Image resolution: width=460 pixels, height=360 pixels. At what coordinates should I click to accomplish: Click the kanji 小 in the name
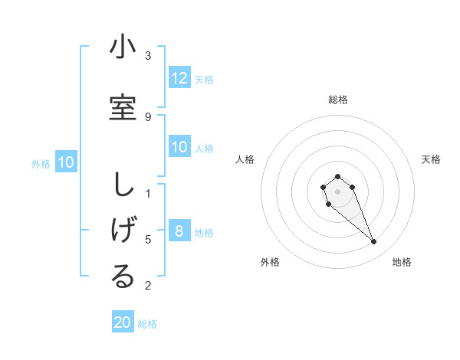[x=123, y=47]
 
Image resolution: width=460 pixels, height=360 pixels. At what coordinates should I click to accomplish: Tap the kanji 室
[x=123, y=106]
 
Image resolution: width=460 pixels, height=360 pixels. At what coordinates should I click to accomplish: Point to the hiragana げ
[x=123, y=231]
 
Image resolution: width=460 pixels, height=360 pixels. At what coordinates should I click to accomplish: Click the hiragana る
[x=123, y=277]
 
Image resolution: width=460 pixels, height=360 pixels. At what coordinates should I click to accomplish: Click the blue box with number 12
[x=179, y=78]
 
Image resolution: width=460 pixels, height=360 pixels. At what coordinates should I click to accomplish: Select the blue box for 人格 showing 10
[x=179, y=147]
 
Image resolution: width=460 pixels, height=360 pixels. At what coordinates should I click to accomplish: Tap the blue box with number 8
[x=179, y=231]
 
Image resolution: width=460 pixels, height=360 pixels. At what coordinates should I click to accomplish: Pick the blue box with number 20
[x=123, y=322]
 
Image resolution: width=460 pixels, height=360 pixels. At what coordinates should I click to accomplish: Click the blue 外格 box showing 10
[x=66, y=162]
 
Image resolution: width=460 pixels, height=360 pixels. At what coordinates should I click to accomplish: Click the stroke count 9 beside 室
[x=148, y=116]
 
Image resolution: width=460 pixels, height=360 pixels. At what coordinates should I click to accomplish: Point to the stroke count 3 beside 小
[x=148, y=55]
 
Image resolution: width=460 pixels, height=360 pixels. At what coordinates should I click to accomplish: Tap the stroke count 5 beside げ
[x=148, y=239]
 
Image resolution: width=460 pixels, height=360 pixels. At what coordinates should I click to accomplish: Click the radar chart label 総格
[x=337, y=100]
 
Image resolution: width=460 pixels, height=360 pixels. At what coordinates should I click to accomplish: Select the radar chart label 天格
[x=431, y=159]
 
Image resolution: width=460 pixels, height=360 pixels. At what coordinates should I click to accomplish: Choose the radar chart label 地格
[x=402, y=262]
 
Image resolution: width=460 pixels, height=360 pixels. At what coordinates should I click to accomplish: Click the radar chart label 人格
[x=245, y=159]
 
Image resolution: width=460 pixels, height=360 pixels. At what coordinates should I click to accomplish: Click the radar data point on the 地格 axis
[x=373, y=242]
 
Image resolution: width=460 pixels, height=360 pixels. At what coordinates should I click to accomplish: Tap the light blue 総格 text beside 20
[x=147, y=324]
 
